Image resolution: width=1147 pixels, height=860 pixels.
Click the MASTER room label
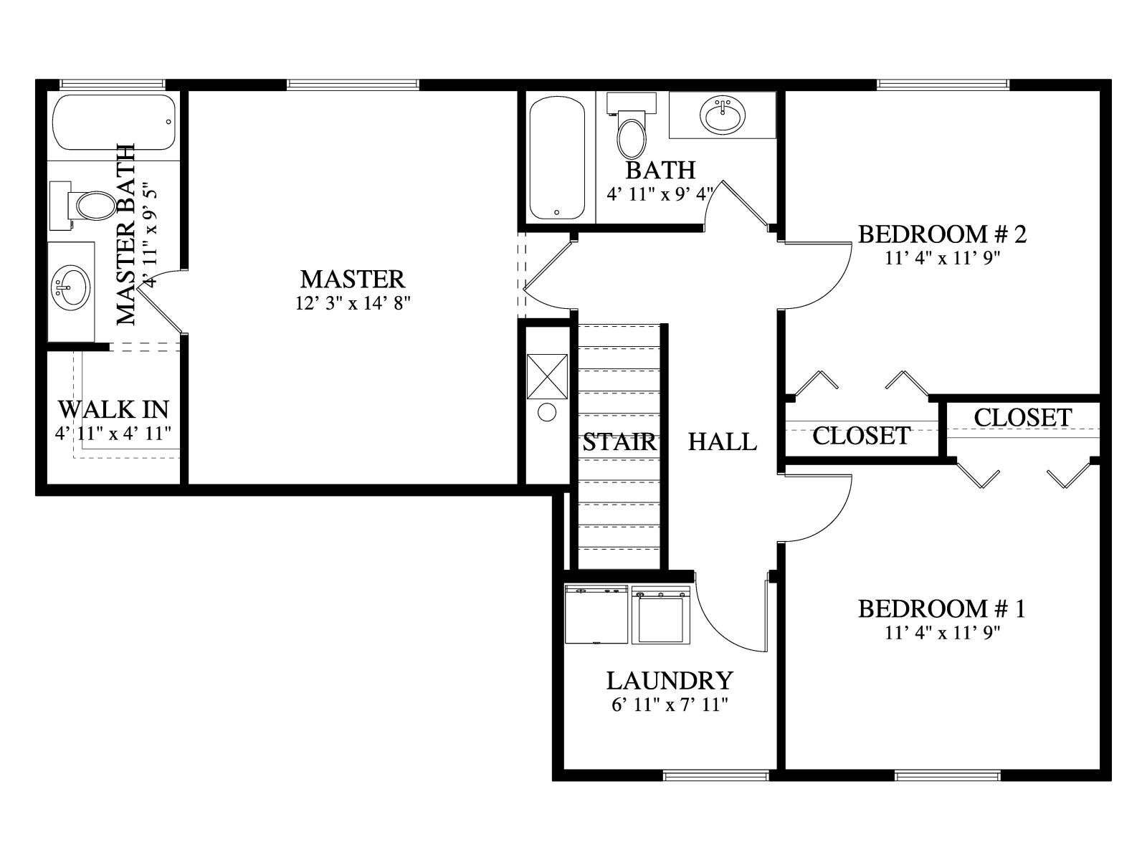pyautogui.click(x=352, y=279)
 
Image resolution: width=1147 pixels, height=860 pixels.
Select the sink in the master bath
pyautogui.click(x=71, y=287)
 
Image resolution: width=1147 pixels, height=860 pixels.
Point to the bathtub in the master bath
pyautogui.click(x=115, y=122)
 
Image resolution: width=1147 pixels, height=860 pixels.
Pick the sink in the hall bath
pyautogui.click(x=723, y=115)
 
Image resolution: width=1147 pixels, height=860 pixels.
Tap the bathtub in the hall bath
pyautogui.click(x=557, y=158)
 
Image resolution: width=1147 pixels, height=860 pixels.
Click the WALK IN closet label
pyautogui.click(x=113, y=409)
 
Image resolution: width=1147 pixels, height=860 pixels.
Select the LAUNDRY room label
pyautogui.click(x=670, y=681)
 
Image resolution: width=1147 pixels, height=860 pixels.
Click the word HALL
pyautogui.click(x=722, y=442)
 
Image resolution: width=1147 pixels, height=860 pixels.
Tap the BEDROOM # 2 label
pyautogui.click(x=942, y=234)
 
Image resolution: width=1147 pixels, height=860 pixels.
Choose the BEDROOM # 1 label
pyautogui.click(x=942, y=609)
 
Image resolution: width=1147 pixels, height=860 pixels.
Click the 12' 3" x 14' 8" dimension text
pyautogui.click(x=353, y=303)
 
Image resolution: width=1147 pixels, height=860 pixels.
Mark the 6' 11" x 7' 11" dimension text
pyautogui.click(x=670, y=705)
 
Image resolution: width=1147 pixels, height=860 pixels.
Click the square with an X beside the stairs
pyautogui.click(x=547, y=376)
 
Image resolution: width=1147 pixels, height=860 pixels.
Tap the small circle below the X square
pyautogui.click(x=546, y=413)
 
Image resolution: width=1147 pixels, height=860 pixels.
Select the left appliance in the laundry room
pyautogui.click(x=596, y=614)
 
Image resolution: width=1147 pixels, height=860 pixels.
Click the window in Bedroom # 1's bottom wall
pyautogui.click(x=948, y=775)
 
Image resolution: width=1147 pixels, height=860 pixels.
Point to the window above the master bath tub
pyautogui.click(x=113, y=84)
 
